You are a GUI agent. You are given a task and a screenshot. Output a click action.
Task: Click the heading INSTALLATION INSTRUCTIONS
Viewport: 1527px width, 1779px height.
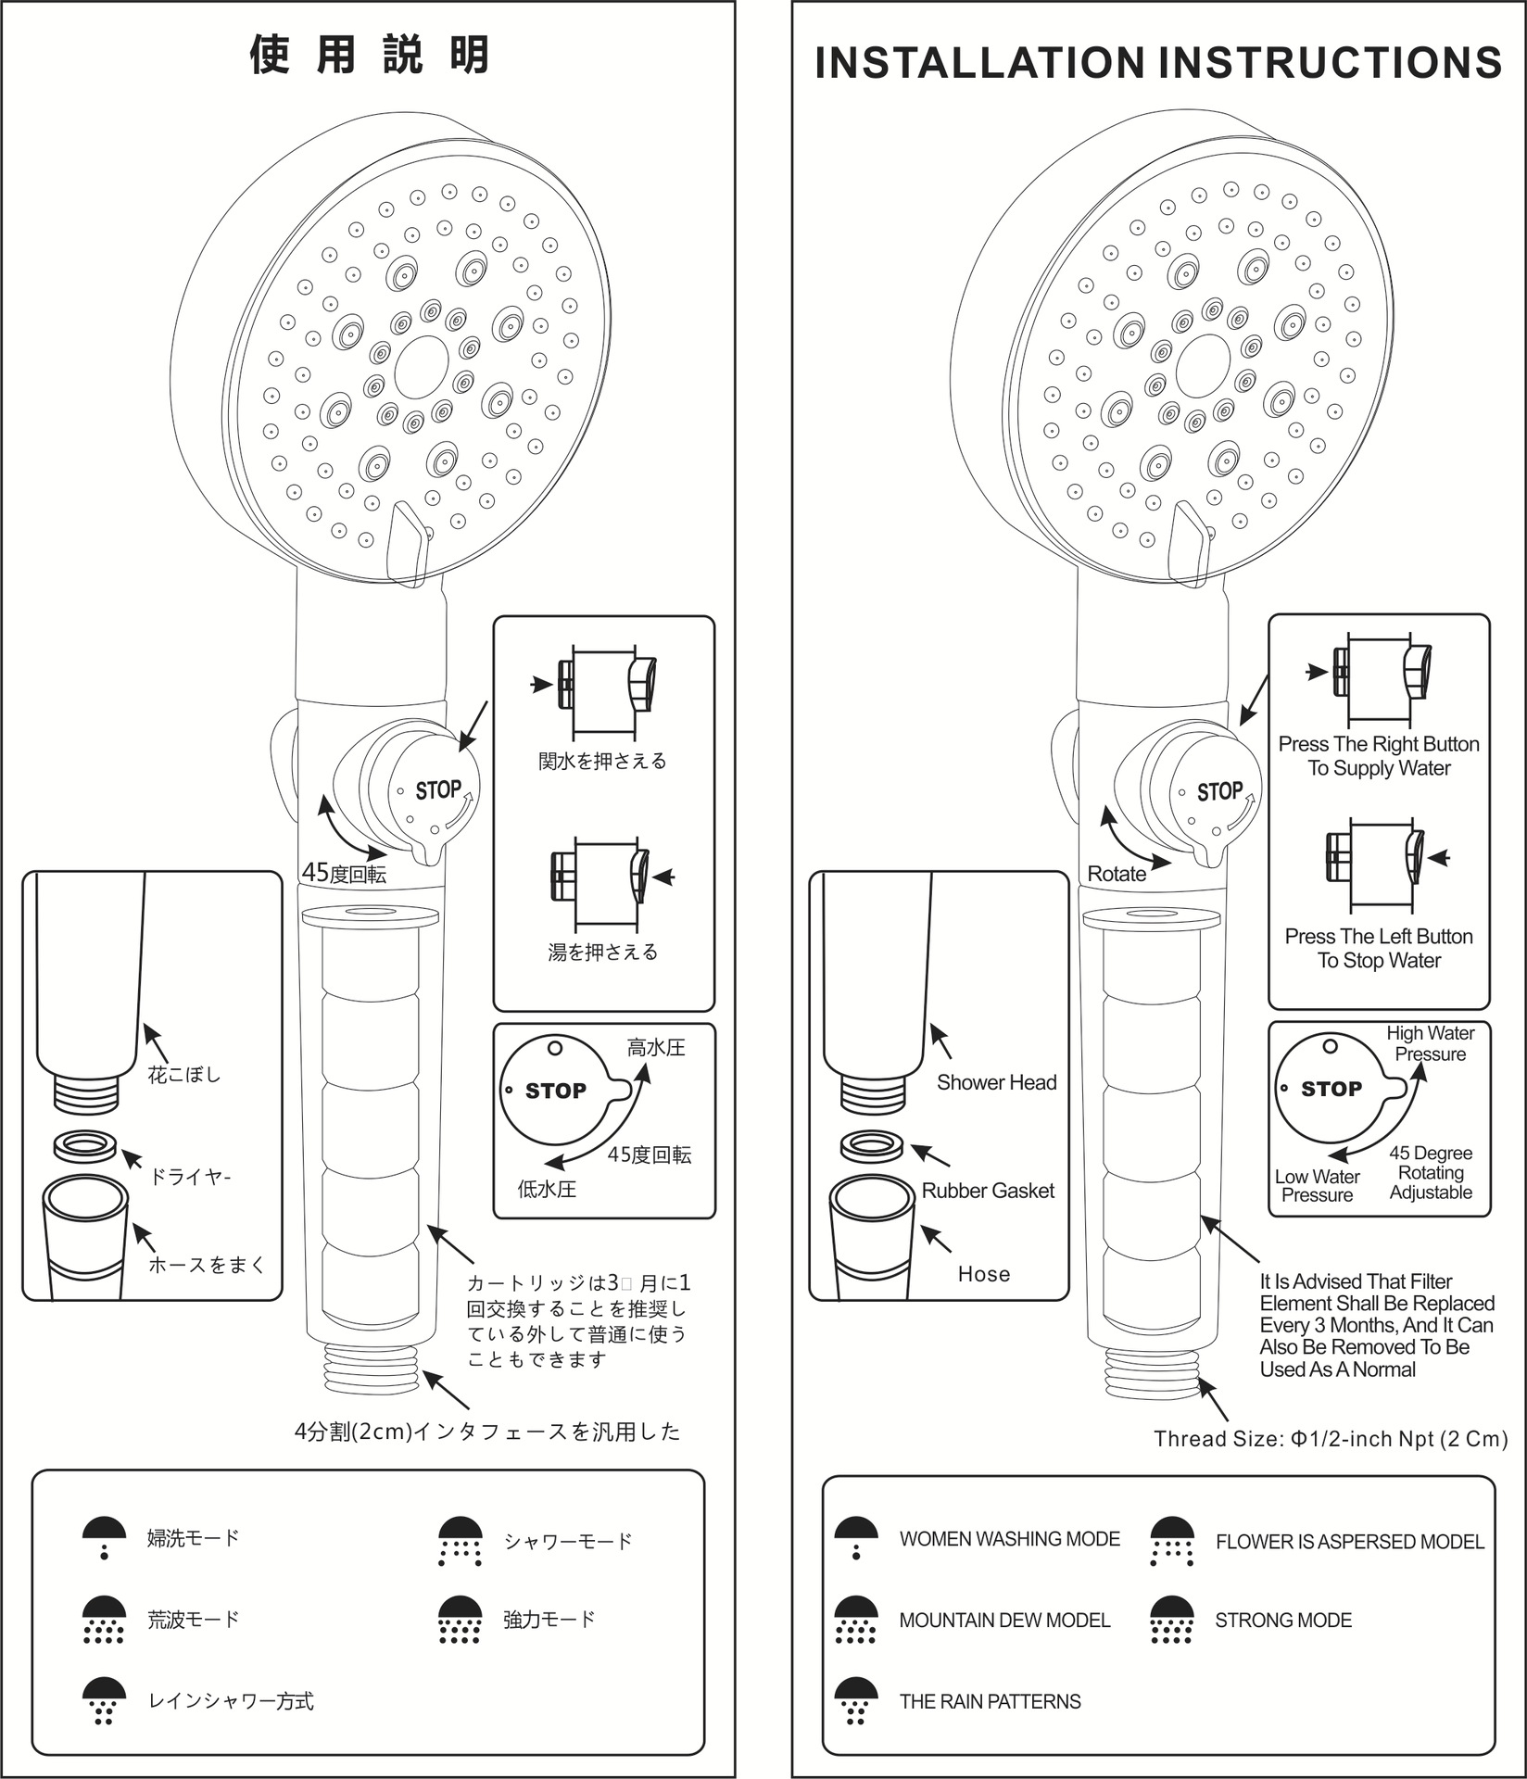(1158, 63)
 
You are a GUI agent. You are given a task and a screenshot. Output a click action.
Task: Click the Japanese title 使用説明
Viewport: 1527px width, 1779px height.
(370, 55)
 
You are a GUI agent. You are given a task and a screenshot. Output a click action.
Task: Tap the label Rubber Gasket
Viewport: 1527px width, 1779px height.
(988, 1191)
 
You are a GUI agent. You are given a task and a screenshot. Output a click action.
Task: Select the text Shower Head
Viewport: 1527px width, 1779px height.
(996, 1082)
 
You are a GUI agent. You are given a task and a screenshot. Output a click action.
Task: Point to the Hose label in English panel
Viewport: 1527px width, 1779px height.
(984, 1274)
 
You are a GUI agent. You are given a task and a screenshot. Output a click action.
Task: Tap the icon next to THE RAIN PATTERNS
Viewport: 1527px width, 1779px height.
(856, 1701)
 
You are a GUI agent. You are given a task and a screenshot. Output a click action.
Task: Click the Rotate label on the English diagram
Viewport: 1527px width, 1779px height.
(1117, 874)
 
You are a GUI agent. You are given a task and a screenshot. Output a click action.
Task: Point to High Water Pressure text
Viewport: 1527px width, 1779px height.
(1431, 1043)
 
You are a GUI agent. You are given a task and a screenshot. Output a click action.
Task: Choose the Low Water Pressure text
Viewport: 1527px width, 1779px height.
(1317, 1186)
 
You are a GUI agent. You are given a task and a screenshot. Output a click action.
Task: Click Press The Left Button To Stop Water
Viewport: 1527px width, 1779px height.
(1379, 948)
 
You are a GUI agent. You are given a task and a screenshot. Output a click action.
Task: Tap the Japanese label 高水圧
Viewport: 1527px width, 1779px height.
(656, 1048)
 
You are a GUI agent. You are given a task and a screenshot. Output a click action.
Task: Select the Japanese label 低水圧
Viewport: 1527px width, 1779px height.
(547, 1189)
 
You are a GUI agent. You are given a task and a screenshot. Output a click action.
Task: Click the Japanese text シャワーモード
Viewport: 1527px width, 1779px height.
(568, 1541)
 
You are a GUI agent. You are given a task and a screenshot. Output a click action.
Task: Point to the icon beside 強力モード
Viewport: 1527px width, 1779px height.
(461, 1620)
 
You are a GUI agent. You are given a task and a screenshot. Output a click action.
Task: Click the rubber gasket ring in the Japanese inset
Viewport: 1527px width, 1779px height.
(85, 1147)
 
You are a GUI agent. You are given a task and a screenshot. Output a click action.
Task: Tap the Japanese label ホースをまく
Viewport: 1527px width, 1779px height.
(207, 1265)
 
